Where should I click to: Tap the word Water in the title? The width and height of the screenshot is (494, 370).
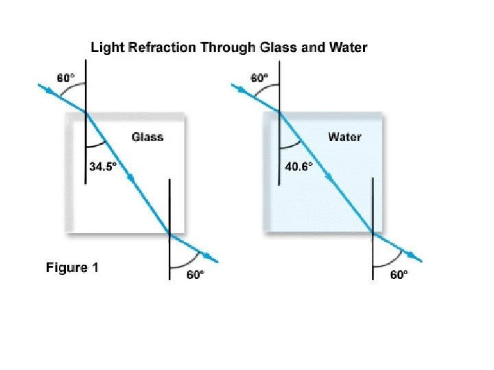(349, 47)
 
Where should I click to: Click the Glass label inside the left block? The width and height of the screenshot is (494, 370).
(148, 137)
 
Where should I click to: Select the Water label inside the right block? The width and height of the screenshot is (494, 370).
(344, 137)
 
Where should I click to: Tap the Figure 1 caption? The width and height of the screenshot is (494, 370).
(72, 267)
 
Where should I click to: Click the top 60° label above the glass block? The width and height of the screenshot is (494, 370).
(64, 79)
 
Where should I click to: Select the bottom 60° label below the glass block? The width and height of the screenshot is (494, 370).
(196, 275)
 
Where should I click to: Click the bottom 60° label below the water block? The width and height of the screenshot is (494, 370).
(399, 275)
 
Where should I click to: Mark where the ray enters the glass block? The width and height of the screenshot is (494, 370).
(86, 112)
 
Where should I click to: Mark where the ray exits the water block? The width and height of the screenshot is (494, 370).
(373, 233)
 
